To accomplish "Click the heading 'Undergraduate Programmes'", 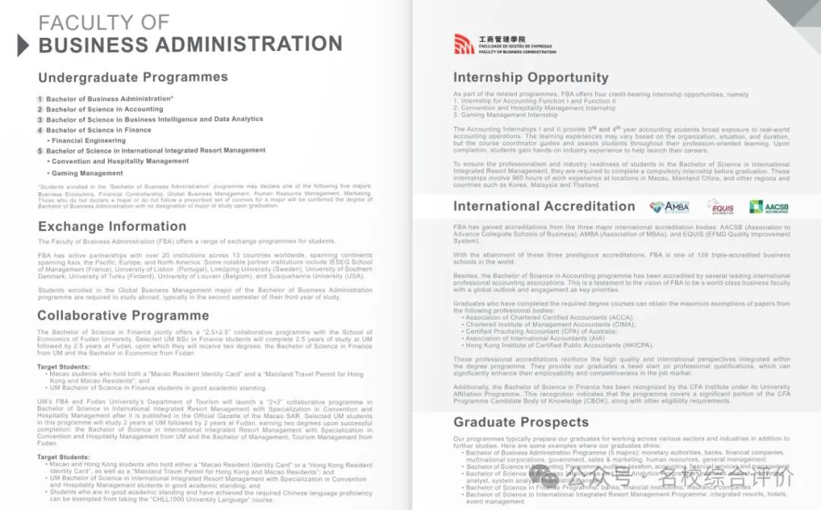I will pos(133,78).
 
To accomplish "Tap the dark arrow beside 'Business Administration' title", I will pos(23,45).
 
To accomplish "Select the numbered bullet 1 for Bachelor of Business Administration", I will pos(40,99).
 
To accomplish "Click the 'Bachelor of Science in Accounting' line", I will pos(104,109).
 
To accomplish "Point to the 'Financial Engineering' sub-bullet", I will pos(88,141).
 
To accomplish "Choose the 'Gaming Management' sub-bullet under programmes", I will pos(87,173).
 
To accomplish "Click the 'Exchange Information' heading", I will pos(112,226).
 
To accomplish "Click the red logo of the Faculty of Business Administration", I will pos(464,44).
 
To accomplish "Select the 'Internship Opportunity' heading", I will pos(531,78).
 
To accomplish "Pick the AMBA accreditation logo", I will pos(669,207).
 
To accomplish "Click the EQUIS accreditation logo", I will pos(720,207).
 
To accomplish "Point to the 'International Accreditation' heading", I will pos(544,207).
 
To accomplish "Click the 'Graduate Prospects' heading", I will pos(521,423).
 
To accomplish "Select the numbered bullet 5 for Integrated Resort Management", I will pos(40,151).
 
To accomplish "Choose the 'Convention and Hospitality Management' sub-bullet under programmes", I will pos(120,161).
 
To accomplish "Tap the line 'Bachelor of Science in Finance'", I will pos(98,130).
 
